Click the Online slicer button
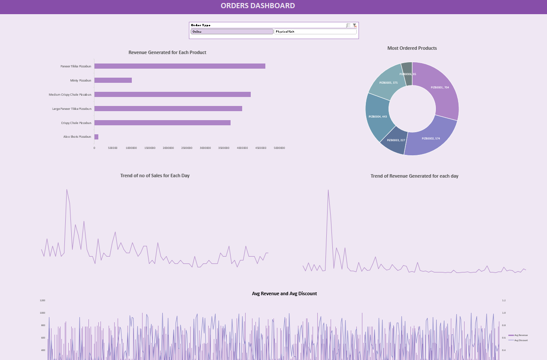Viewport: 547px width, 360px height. [x=232, y=31]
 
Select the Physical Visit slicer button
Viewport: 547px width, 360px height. [x=315, y=31]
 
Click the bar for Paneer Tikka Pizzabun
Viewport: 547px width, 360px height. [x=179, y=66]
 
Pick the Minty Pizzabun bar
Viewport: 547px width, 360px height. [x=113, y=80]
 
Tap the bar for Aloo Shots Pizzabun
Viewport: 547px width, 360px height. [x=96, y=137]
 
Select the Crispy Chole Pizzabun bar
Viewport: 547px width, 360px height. [x=162, y=123]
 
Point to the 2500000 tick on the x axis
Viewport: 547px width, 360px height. [x=187, y=148]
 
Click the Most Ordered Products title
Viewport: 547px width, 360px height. [x=412, y=48]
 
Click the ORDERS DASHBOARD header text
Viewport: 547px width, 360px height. [x=258, y=6]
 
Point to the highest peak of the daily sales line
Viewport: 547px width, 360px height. [x=67, y=190]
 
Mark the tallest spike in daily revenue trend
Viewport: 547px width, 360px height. [x=328, y=190]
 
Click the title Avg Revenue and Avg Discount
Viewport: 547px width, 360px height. [x=284, y=293]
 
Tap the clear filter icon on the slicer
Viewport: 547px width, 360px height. [x=355, y=25]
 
